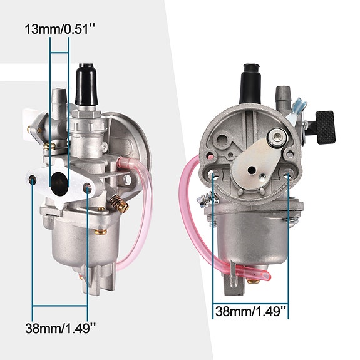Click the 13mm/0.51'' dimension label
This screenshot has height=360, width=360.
[x=59, y=29]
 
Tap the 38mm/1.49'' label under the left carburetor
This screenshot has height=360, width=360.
[x=60, y=328]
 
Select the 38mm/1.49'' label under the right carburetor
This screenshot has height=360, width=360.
[x=250, y=311]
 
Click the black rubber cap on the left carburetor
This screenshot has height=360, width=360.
[x=86, y=85]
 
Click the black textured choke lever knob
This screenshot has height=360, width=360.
[x=326, y=128]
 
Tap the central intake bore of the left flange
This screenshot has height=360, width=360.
[x=59, y=184]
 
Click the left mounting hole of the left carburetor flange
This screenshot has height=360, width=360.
[x=33, y=180]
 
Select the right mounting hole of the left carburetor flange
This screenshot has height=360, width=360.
[x=87, y=188]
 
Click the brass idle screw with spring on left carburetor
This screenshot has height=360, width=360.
[x=119, y=203]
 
